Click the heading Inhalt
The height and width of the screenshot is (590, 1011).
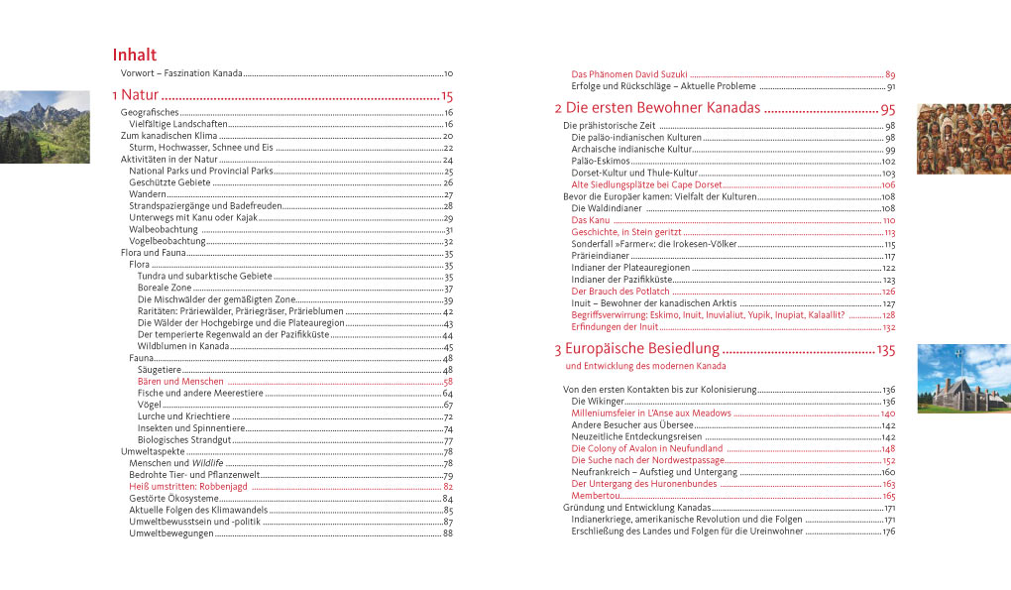(x=134, y=56)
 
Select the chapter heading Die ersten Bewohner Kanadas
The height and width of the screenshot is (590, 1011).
(x=656, y=108)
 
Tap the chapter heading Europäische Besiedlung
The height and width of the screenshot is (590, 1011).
(x=635, y=349)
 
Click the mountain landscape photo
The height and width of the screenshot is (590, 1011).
(x=45, y=127)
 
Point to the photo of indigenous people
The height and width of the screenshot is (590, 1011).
(x=962, y=139)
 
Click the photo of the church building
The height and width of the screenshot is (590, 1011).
(x=962, y=378)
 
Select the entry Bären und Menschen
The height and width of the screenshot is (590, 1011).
(x=180, y=382)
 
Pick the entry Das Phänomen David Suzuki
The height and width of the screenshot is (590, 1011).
(x=628, y=75)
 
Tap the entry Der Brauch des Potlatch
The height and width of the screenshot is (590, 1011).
(x=620, y=293)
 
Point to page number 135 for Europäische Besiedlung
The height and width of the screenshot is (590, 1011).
(x=885, y=350)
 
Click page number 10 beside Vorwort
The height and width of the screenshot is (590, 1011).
(x=448, y=74)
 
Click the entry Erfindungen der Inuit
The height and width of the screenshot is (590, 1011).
(x=615, y=327)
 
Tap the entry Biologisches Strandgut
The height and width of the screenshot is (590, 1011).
(x=183, y=440)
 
